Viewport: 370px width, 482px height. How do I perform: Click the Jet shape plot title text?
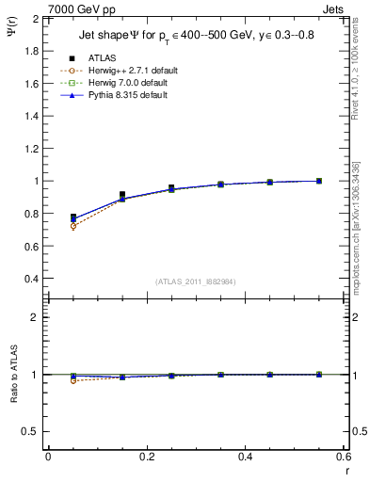point(198,36)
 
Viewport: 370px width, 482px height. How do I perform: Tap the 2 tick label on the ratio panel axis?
point(37,317)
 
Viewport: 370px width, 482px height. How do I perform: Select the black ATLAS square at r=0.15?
point(122,195)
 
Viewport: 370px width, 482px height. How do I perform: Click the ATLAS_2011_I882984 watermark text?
point(197,281)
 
